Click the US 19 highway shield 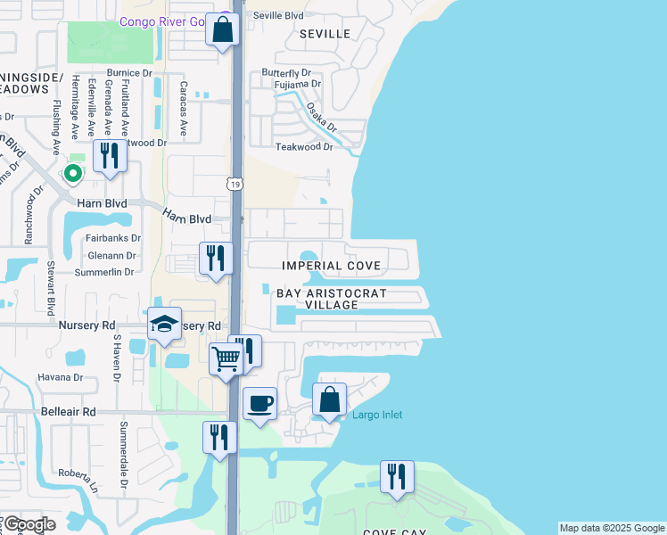235,184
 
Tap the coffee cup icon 259,404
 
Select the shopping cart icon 226,360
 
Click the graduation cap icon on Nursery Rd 164,325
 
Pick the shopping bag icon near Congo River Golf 222,29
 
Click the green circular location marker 74,173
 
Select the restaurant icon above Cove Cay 397,476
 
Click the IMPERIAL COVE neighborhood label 332,266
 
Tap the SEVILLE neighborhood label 325,33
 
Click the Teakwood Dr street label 303,146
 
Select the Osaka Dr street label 321,117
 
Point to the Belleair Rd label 68,412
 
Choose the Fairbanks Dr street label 112,238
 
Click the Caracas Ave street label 185,117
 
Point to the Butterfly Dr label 285,72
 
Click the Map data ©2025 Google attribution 612,528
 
